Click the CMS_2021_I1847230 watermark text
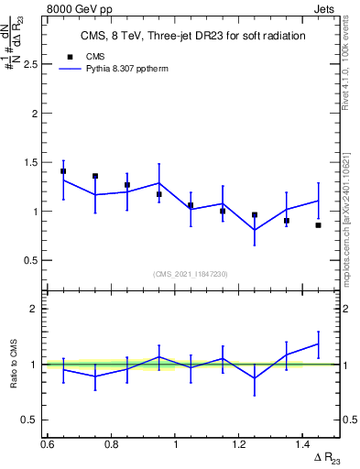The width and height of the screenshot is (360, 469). click(x=191, y=274)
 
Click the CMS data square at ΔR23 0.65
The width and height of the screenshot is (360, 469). click(x=63, y=171)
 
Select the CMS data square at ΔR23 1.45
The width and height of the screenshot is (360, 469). click(x=319, y=224)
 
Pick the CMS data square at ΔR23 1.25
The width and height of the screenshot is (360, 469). click(x=255, y=214)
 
